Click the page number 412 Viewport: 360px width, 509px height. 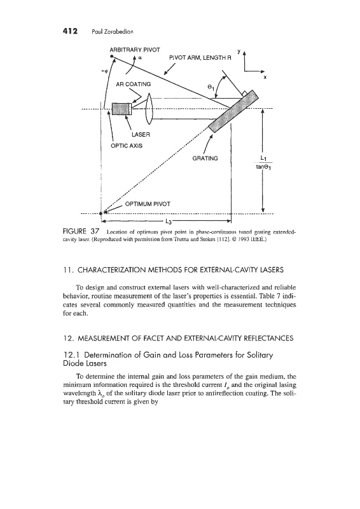(70, 31)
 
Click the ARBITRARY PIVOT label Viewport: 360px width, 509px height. (135, 50)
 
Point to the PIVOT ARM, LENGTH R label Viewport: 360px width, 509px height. (200, 58)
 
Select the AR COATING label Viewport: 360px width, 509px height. (134, 84)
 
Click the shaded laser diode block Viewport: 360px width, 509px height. (121, 109)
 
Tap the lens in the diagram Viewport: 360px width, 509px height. (149, 108)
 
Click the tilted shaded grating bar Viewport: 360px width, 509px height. (233, 111)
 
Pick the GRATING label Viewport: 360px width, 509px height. (205, 158)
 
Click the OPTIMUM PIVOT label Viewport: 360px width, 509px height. (148, 204)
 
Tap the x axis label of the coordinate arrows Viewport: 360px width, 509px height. (265, 77)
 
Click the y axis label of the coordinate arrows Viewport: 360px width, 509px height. (239, 52)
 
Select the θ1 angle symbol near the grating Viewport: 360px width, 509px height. (211, 87)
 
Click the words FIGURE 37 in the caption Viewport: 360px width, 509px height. (81, 232)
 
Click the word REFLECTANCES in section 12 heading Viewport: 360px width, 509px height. (269, 338)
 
